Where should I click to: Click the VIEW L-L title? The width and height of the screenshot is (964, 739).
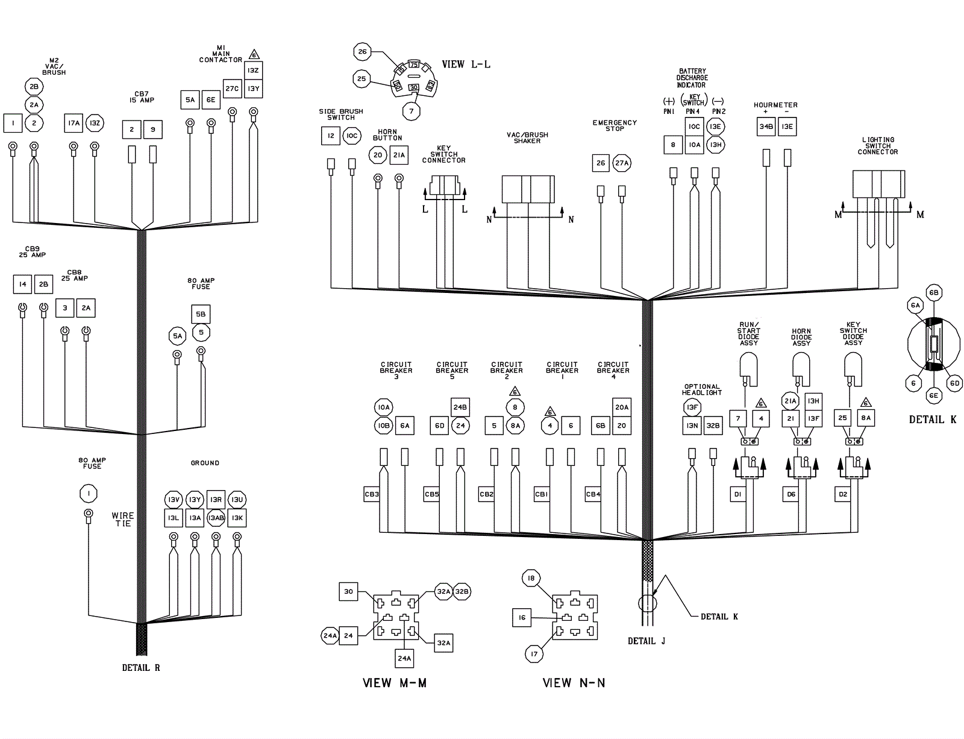(466, 64)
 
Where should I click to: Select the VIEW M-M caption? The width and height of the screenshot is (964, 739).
(394, 683)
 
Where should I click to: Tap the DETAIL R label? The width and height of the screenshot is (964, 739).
(141, 668)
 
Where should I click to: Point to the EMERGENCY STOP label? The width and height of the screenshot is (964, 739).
(615, 125)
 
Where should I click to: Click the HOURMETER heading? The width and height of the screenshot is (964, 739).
(775, 105)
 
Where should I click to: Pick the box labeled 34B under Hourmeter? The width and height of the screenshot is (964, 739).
(766, 127)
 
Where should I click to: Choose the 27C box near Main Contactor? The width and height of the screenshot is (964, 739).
(232, 89)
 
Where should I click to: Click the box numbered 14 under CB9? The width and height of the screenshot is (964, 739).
(22, 284)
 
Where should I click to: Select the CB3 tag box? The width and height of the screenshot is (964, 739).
(372, 494)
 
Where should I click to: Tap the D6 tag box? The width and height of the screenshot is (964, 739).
(791, 494)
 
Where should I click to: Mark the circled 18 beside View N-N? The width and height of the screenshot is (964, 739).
(531, 579)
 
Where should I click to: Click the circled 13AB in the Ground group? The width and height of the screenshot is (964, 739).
(216, 518)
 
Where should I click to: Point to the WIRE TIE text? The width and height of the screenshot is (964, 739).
(123, 520)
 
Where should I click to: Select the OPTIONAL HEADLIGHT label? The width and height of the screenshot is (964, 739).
(702, 389)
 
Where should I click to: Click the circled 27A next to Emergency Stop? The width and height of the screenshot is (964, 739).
(621, 163)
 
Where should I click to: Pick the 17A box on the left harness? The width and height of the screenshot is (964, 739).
(74, 124)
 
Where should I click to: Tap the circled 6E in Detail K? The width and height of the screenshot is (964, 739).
(933, 396)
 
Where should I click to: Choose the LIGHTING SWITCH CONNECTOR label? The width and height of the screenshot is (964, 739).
(878, 146)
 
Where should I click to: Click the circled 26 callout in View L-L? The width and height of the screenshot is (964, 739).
(362, 52)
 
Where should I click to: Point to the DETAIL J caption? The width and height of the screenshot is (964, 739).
(646, 641)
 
